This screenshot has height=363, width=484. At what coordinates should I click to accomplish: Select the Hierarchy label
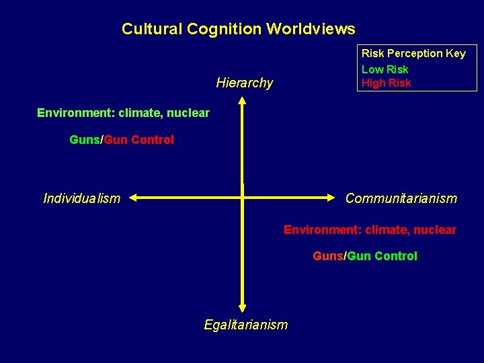coord(245,83)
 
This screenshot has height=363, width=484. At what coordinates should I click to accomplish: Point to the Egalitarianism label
coord(245,325)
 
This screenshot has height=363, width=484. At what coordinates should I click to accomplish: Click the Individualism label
coord(81,198)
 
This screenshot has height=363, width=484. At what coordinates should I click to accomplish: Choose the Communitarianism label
coord(401,198)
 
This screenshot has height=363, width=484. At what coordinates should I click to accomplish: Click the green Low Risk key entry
coord(385,69)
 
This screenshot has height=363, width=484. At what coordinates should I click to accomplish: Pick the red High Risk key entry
coord(386,83)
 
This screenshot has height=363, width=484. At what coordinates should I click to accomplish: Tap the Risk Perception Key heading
coord(413,53)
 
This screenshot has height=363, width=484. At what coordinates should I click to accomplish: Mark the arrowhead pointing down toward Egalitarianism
coord(243,307)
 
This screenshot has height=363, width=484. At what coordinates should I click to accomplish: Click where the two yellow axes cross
coord(243,198)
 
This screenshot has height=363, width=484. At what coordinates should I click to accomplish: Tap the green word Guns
coord(85,140)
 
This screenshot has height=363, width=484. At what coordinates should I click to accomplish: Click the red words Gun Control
coord(139,140)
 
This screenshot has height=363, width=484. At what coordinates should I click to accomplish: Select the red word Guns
coord(328,256)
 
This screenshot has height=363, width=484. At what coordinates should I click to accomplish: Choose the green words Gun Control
coord(382,256)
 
